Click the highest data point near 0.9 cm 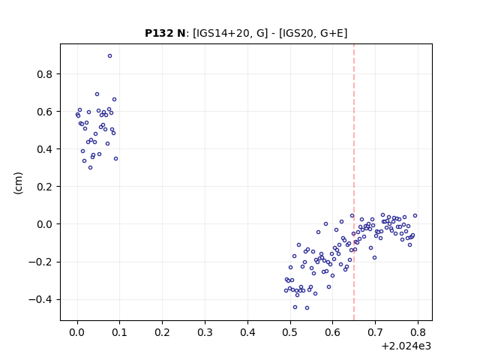[x=110, y=56]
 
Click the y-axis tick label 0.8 [x=45, y=74]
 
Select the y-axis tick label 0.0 [x=45, y=224]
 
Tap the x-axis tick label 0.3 [x=205, y=332]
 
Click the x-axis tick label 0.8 [x=418, y=332]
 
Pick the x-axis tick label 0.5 [x=290, y=332]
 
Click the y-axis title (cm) [x=18, y=183]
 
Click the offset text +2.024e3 [x=406, y=346]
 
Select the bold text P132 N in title [x=165, y=33]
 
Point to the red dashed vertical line [x=354, y=182]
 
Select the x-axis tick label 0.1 [x=120, y=332]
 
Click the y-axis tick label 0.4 [x=45, y=149]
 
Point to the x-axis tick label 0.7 [x=375, y=332]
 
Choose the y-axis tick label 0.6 [x=45, y=112]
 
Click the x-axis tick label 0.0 [x=77, y=332]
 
